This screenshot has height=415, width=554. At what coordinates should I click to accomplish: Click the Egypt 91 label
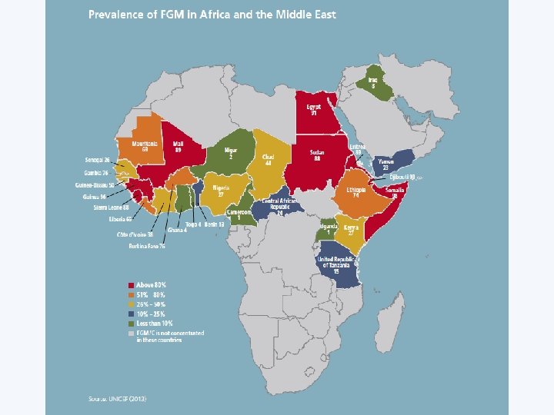coord(313,108)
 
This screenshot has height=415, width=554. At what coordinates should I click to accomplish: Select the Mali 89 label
coord(178,145)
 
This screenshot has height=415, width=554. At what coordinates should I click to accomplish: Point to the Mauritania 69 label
coord(145,145)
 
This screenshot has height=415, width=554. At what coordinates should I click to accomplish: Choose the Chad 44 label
coord(268,160)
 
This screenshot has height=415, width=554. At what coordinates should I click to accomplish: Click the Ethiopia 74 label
coord(355,192)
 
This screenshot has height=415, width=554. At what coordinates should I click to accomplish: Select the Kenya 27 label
coord(351,231)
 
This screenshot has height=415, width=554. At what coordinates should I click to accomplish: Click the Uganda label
coord(329,228)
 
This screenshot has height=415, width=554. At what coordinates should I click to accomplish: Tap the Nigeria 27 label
coord(221,190)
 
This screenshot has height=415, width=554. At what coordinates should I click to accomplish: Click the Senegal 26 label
coord(97,160)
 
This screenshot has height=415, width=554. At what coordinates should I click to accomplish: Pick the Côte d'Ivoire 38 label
coord(135,234)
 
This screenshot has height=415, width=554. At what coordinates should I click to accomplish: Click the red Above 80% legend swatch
coord(131,285)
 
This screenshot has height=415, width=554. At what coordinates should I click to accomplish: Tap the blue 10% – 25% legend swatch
coord(131,313)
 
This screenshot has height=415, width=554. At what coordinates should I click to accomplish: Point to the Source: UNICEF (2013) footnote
coord(116,398)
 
